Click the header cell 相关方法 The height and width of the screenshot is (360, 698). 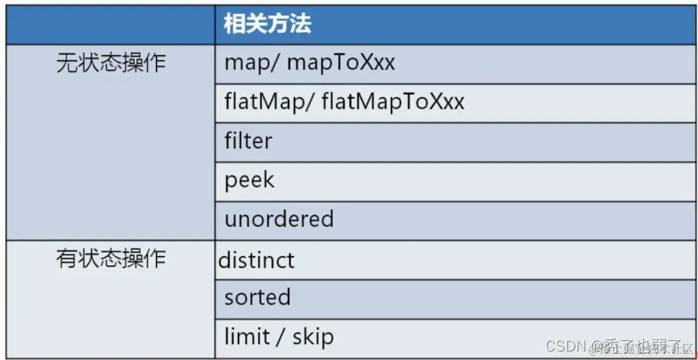pyautogui.click(x=267, y=25)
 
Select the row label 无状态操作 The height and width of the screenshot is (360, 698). pyautogui.click(x=110, y=63)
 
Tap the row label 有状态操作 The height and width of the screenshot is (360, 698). pyautogui.click(x=110, y=258)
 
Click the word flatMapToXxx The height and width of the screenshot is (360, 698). pyautogui.click(x=393, y=102)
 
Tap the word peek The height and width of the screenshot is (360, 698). pyautogui.click(x=249, y=180)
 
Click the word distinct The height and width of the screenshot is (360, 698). pyautogui.click(x=257, y=260)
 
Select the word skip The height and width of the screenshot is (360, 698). pyautogui.click(x=312, y=337)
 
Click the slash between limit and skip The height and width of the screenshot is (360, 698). pyautogui.click(x=279, y=337)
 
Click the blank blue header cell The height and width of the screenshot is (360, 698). pyautogui.click(x=110, y=25)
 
